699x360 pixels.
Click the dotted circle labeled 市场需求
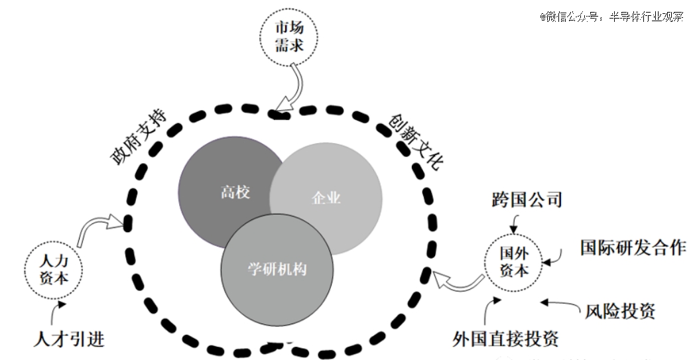(x=289, y=36)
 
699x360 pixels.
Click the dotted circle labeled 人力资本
(x=54, y=270)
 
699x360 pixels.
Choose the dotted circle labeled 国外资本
(x=513, y=262)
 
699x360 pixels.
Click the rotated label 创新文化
(x=416, y=142)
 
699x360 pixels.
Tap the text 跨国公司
(x=527, y=200)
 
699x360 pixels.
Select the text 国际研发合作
(x=633, y=247)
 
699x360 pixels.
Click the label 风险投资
(x=620, y=310)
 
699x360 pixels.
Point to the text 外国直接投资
(x=505, y=339)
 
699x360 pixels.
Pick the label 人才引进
(x=69, y=339)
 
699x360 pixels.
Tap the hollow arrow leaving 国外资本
(x=459, y=284)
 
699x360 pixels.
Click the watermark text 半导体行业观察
(x=647, y=17)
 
